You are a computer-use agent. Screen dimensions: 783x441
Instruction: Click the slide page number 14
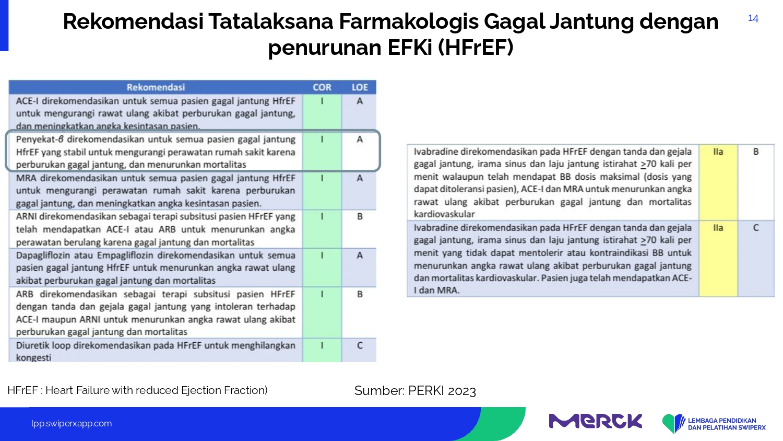point(753,18)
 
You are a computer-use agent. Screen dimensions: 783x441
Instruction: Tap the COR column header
point(322,87)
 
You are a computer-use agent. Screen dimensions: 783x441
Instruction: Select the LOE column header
point(360,87)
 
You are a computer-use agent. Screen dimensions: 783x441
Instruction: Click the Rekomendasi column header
point(156,87)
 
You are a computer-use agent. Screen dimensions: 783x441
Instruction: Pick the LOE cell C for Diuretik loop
point(360,345)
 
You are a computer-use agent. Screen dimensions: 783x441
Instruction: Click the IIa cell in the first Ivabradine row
point(718,152)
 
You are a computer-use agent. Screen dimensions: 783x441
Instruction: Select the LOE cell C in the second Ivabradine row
point(756,228)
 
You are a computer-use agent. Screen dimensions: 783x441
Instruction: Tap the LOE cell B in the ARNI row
point(360,216)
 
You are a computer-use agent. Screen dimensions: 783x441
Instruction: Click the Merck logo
point(596,421)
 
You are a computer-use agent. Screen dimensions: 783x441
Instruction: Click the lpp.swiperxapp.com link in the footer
point(72,424)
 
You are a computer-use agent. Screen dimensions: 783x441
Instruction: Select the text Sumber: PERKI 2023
point(415,391)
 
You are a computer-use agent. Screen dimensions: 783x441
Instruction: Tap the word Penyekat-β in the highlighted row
point(40,140)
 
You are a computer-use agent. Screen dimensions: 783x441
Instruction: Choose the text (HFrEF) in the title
point(476,47)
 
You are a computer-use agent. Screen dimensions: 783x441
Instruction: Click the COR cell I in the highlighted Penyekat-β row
point(322,140)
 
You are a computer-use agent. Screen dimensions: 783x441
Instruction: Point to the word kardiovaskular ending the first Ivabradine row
point(444,214)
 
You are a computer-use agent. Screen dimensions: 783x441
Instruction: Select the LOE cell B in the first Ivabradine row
point(756,152)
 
